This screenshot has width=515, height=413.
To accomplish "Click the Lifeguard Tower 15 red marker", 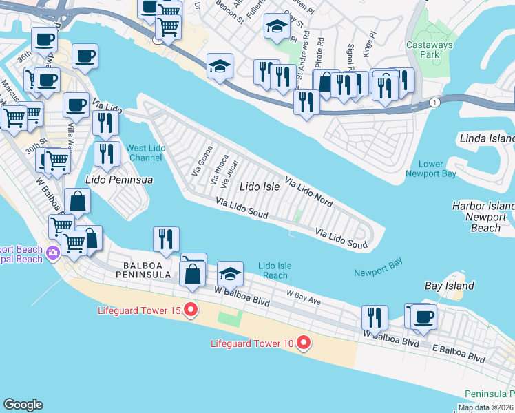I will coord(190,311).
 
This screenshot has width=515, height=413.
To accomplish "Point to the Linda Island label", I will coord(486,139).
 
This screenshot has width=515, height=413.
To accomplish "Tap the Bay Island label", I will coord(449,286).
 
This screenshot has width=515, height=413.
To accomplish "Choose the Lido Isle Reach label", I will coord(273,271).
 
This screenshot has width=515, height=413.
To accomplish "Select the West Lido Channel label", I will coord(145,153).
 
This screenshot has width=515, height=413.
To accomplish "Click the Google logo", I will coord(23,405).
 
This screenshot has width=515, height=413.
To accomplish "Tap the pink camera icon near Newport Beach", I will coord(52,255).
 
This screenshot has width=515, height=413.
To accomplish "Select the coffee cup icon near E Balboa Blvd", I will coord(424,317).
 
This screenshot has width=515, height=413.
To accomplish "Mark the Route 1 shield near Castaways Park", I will coord(434,102).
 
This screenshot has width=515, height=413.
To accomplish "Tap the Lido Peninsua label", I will coord(118,180).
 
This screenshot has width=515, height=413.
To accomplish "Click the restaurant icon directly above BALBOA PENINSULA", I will coord(166,240).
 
